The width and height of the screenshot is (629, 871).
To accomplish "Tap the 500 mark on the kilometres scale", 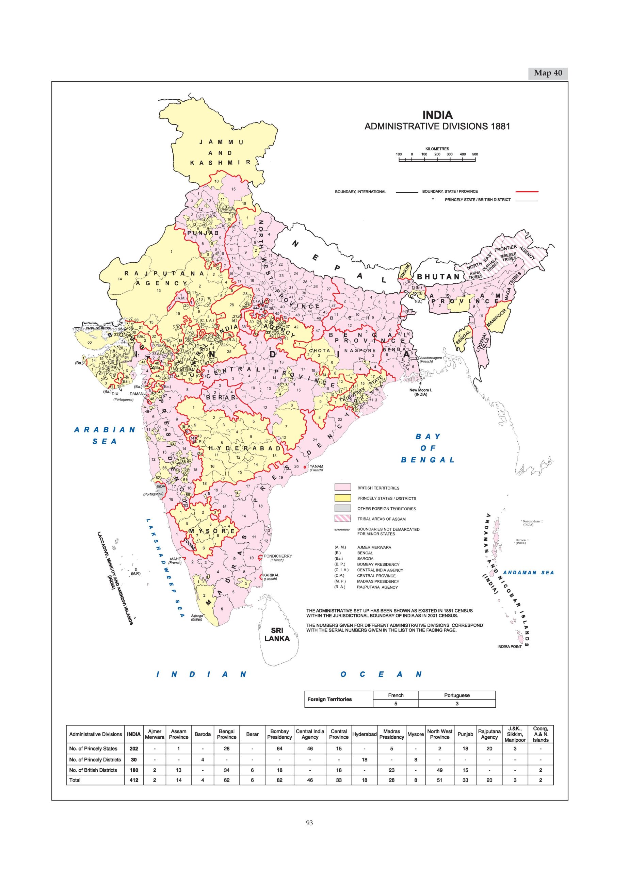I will pyautogui.click(x=475, y=154).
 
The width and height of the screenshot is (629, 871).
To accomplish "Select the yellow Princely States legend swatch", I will pyautogui.click(x=343, y=498).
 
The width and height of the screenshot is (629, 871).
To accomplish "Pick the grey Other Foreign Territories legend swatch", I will pyautogui.click(x=343, y=508).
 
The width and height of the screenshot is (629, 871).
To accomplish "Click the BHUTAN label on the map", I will pyautogui.click(x=438, y=277).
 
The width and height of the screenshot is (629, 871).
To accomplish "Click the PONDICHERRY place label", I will pyautogui.click(x=278, y=556).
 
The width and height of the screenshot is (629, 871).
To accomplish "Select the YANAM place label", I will pyautogui.click(x=316, y=466).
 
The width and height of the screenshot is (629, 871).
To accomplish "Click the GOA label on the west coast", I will pyautogui.click(x=161, y=486).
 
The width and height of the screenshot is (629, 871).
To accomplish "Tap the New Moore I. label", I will pyautogui.click(x=420, y=390).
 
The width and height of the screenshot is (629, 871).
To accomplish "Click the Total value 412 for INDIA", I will pyautogui.click(x=134, y=780).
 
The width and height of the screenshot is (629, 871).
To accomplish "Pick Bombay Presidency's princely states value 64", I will pyautogui.click(x=279, y=749).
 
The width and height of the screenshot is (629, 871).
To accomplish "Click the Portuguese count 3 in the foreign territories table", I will pyautogui.click(x=456, y=704).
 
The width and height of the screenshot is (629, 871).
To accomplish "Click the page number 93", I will pyautogui.click(x=309, y=823).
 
